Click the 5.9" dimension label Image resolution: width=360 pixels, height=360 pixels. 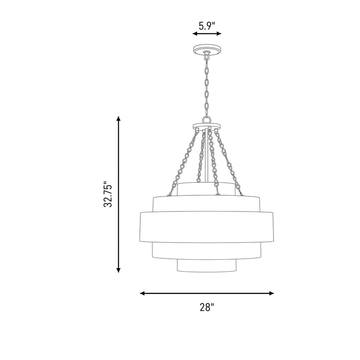point(207,26)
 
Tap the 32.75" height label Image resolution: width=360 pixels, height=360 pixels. point(108,195)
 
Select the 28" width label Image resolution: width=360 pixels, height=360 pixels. point(207,307)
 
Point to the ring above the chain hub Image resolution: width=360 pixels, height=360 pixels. point(207,120)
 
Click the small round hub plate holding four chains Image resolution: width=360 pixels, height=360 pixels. point(207,126)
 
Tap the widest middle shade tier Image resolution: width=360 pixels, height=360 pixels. point(207,227)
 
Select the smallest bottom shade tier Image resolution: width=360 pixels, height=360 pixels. point(207,266)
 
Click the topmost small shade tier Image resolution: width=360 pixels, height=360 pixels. point(207,189)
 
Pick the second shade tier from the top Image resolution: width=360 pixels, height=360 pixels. point(207,204)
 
